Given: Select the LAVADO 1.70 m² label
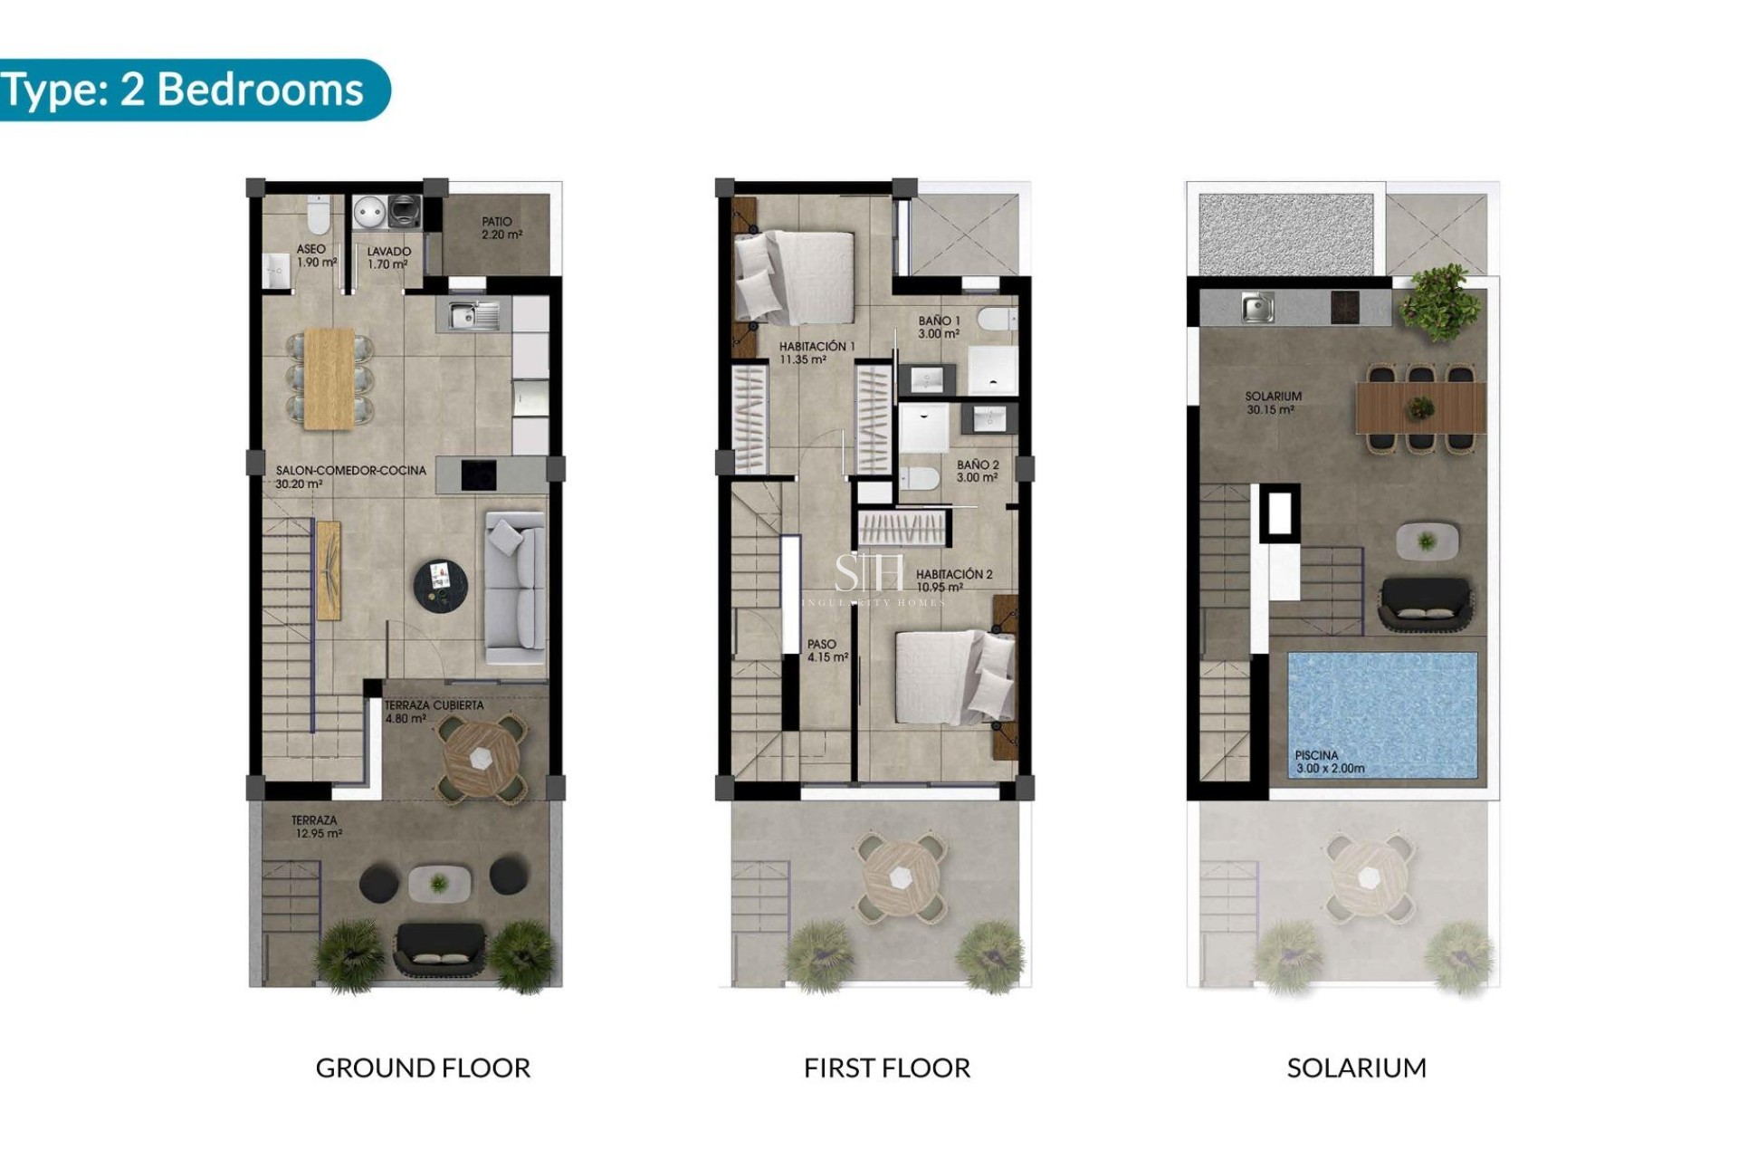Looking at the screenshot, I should (388, 258).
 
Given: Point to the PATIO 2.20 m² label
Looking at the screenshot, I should (501, 228).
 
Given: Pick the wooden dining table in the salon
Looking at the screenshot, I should (329, 378).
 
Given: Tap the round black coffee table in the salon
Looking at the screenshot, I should (441, 583).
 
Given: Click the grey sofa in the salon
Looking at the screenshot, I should (515, 589).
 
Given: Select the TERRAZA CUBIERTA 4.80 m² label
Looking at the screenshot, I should (433, 712).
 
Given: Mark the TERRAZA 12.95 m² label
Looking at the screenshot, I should (316, 827).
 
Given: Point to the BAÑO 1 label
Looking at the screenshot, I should (938, 327).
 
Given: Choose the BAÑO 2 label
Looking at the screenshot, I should (978, 471).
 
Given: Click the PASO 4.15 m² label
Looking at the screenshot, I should (826, 651).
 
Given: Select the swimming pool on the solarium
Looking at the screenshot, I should (1382, 714).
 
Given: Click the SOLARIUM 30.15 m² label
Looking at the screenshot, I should (1272, 403).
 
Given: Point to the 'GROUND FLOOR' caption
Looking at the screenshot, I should (423, 1068).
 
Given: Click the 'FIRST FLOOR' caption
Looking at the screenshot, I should (886, 1068).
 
